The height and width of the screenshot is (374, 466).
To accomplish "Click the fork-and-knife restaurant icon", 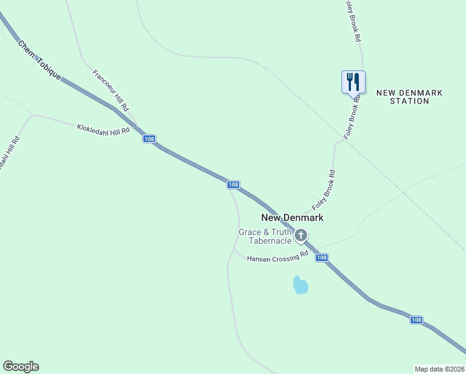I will coord(353,81).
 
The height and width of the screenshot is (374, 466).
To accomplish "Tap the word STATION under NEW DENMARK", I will coord(409,101).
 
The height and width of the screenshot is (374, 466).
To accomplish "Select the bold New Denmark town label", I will coord(292,218).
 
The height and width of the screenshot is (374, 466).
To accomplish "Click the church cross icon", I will coord(301,235).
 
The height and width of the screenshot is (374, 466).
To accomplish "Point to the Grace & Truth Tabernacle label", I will coord(266,236).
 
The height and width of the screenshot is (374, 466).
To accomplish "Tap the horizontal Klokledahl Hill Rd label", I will coord(103,129).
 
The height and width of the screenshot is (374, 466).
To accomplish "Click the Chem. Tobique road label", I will coord(39,60).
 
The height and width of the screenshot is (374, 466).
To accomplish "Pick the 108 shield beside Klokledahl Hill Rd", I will coord(149,138).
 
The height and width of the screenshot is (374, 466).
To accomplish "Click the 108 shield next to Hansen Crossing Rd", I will coord(321,257).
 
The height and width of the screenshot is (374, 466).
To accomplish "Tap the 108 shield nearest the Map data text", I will coord(417,320).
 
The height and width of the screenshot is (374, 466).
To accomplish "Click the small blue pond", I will coord(300,285).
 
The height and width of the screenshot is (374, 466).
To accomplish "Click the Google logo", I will coord(21,367).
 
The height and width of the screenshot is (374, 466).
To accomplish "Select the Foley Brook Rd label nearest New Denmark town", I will coord(324,189).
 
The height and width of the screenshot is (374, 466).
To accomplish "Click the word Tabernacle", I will coord(270,241).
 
